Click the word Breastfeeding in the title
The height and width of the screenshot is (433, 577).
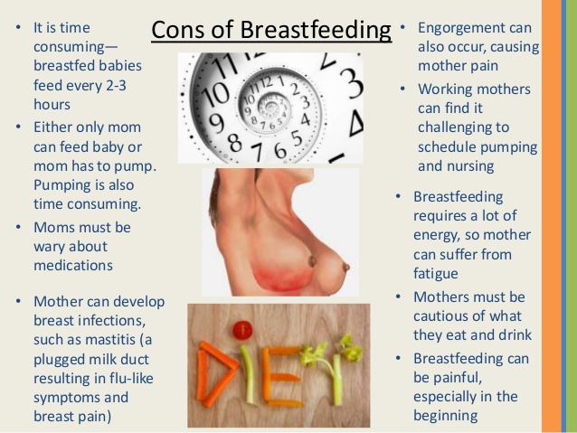tap(316, 30)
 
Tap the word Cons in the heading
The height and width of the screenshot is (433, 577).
tap(178, 30)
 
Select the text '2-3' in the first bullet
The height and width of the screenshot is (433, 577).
tap(117, 85)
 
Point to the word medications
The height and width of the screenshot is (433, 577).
tap(73, 265)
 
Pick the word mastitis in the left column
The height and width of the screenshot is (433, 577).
tap(110, 339)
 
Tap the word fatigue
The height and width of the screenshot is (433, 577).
tap(436, 274)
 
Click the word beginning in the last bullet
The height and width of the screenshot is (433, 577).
tap(446, 416)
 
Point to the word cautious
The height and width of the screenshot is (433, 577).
tap(440, 316)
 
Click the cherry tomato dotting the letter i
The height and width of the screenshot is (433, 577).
tap(243, 330)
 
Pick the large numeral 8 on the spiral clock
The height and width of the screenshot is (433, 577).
tap(236, 143)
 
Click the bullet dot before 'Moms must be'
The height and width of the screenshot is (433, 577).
tap(18, 228)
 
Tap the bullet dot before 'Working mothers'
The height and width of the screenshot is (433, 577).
tap(402, 89)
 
